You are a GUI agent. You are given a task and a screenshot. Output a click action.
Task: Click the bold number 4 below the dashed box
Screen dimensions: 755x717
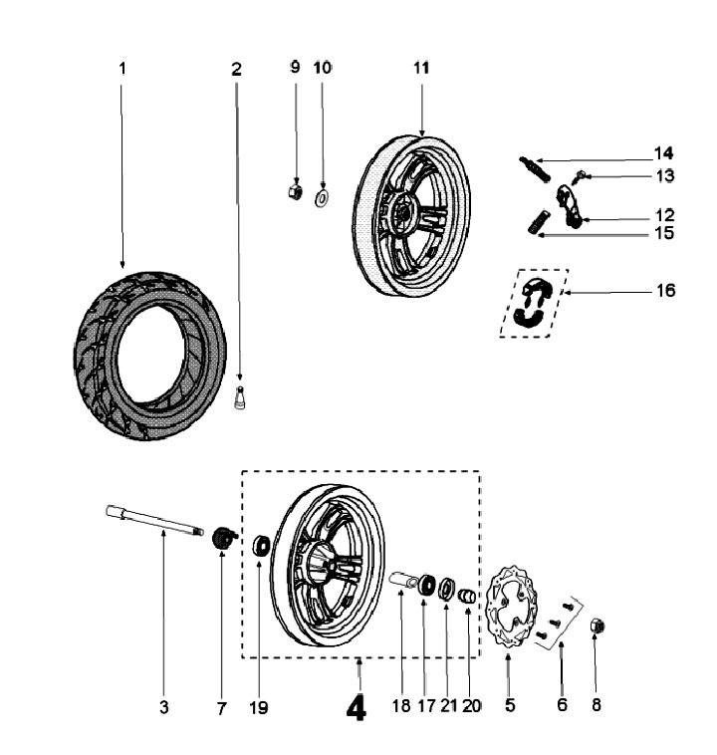click(356, 708)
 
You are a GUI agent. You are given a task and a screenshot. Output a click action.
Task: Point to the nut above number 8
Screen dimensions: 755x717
click(599, 626)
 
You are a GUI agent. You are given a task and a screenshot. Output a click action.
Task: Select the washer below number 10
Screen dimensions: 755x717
click(323, 197)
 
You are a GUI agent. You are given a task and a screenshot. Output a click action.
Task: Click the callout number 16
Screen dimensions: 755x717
click(664, 291)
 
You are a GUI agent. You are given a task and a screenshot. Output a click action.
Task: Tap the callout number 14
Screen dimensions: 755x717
click(664, 153)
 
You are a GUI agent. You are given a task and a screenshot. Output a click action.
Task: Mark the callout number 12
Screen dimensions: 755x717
click(664, 214)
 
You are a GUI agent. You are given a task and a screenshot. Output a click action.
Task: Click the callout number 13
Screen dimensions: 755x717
click(664, 175)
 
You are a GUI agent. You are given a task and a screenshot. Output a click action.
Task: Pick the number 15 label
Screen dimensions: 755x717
click(664, 234)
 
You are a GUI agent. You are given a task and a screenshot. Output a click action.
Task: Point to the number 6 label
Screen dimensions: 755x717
click(562, 705)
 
